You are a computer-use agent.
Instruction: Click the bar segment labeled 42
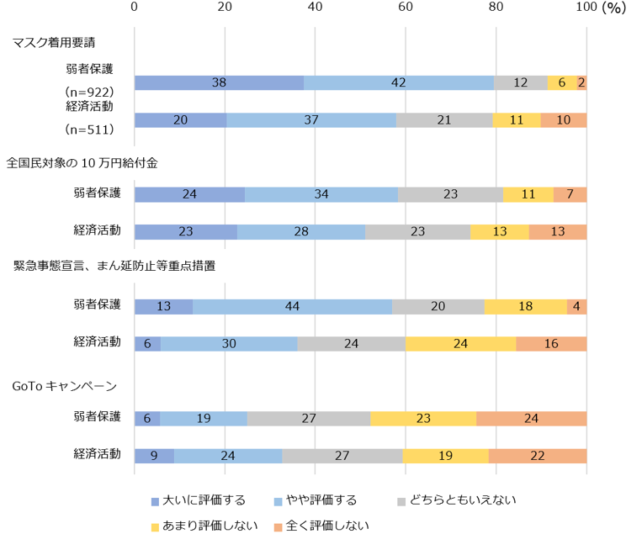click(399, 82)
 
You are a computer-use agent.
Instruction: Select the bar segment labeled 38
click(219, 82)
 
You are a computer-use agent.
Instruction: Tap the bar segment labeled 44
click(292, 306)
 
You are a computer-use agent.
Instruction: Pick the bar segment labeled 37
click(311, 119)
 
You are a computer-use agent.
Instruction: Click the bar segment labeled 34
click(321, 194)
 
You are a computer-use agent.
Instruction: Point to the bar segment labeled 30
click(229, 343)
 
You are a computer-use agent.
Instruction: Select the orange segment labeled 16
click(551, 343)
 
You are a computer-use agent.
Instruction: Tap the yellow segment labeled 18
click(526, 306)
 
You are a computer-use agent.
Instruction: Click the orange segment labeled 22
click(538, 456)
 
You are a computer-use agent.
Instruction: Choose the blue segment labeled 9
click(154, 456)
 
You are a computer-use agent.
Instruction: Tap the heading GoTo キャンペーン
click(64, 386)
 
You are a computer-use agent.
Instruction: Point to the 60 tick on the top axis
click(405, 8)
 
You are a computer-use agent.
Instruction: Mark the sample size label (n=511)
click(95, 130)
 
